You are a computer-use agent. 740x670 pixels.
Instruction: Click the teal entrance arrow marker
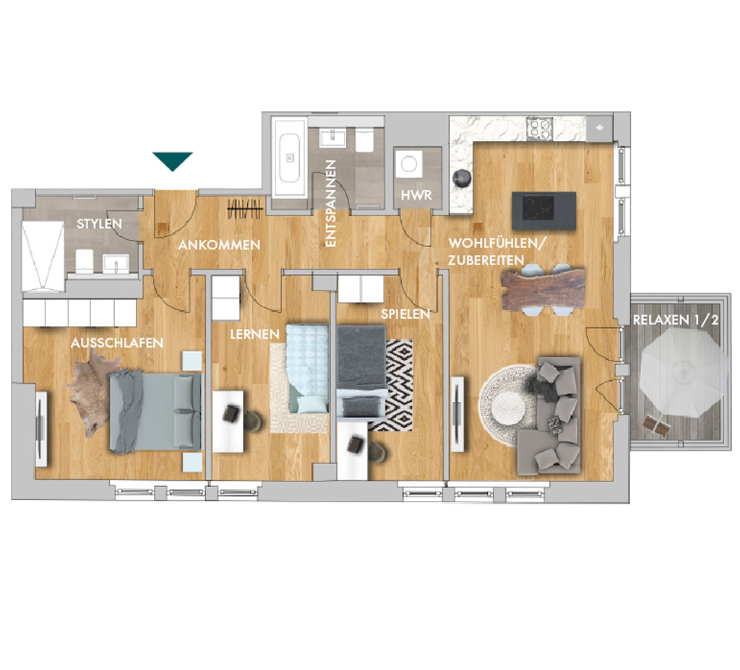[x=172, y=160]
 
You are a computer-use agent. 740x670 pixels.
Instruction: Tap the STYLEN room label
[x=99, y=223]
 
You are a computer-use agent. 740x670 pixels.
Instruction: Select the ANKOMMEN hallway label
[x=219, y=244]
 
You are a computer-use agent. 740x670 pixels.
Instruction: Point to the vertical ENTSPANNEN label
[x=331, y=203]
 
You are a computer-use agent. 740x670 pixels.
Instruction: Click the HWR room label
[x=416, y=195]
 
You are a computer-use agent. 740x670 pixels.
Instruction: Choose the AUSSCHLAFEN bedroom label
[x=117, y=343]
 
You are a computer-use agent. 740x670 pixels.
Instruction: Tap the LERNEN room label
[x=255, y=335]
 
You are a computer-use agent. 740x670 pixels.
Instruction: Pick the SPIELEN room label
[x=405, y=314]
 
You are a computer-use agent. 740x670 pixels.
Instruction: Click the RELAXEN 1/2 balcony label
[x=676, y=319]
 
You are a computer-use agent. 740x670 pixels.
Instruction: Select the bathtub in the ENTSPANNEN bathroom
[x=289, y=158]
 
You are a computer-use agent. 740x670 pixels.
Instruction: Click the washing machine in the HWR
[x=408, y=164]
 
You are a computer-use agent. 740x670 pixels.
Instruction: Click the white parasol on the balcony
[x=683, y=372]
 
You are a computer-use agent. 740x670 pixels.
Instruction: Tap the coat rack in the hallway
[x=245, y=209]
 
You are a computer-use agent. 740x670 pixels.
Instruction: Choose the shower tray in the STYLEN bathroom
[x=43, y=257]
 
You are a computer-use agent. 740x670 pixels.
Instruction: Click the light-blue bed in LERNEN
[x=307, y=369]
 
